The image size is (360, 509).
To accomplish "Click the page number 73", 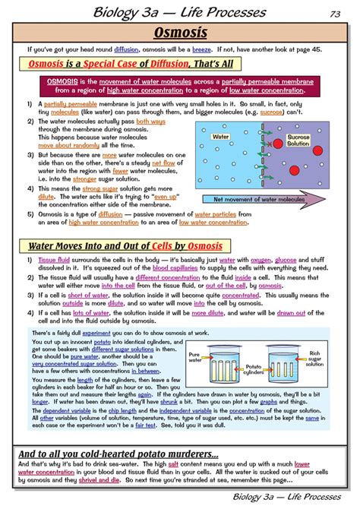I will (x=335, y=13).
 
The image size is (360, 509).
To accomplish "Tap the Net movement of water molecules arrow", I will (x=270, y=199).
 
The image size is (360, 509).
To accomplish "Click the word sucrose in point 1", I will (x=271, y=110).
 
